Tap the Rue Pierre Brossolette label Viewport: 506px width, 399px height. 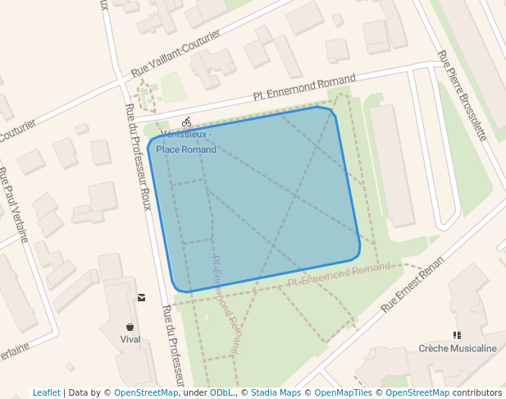[x=462, y=95]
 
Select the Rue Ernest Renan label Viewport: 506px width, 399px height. [x=413, y=284]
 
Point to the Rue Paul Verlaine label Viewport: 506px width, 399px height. [x=14, y=205]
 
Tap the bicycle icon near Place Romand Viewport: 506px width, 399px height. [x=187, y=122]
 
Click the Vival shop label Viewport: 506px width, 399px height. [x=130, y=339]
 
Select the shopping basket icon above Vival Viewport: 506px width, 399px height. [x=130, y=327]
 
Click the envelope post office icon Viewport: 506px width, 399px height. [x=142, y=297]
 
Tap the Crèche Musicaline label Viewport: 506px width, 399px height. [x=458, y=348]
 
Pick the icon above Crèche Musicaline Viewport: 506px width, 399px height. [x=458, y=335]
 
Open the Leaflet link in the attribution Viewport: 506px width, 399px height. [x=47, y=392]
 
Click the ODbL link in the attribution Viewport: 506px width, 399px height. [x=221, y=392]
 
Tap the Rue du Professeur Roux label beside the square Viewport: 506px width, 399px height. [x=139, y=156]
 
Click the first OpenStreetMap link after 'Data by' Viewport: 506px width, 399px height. [x=146, y=392]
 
